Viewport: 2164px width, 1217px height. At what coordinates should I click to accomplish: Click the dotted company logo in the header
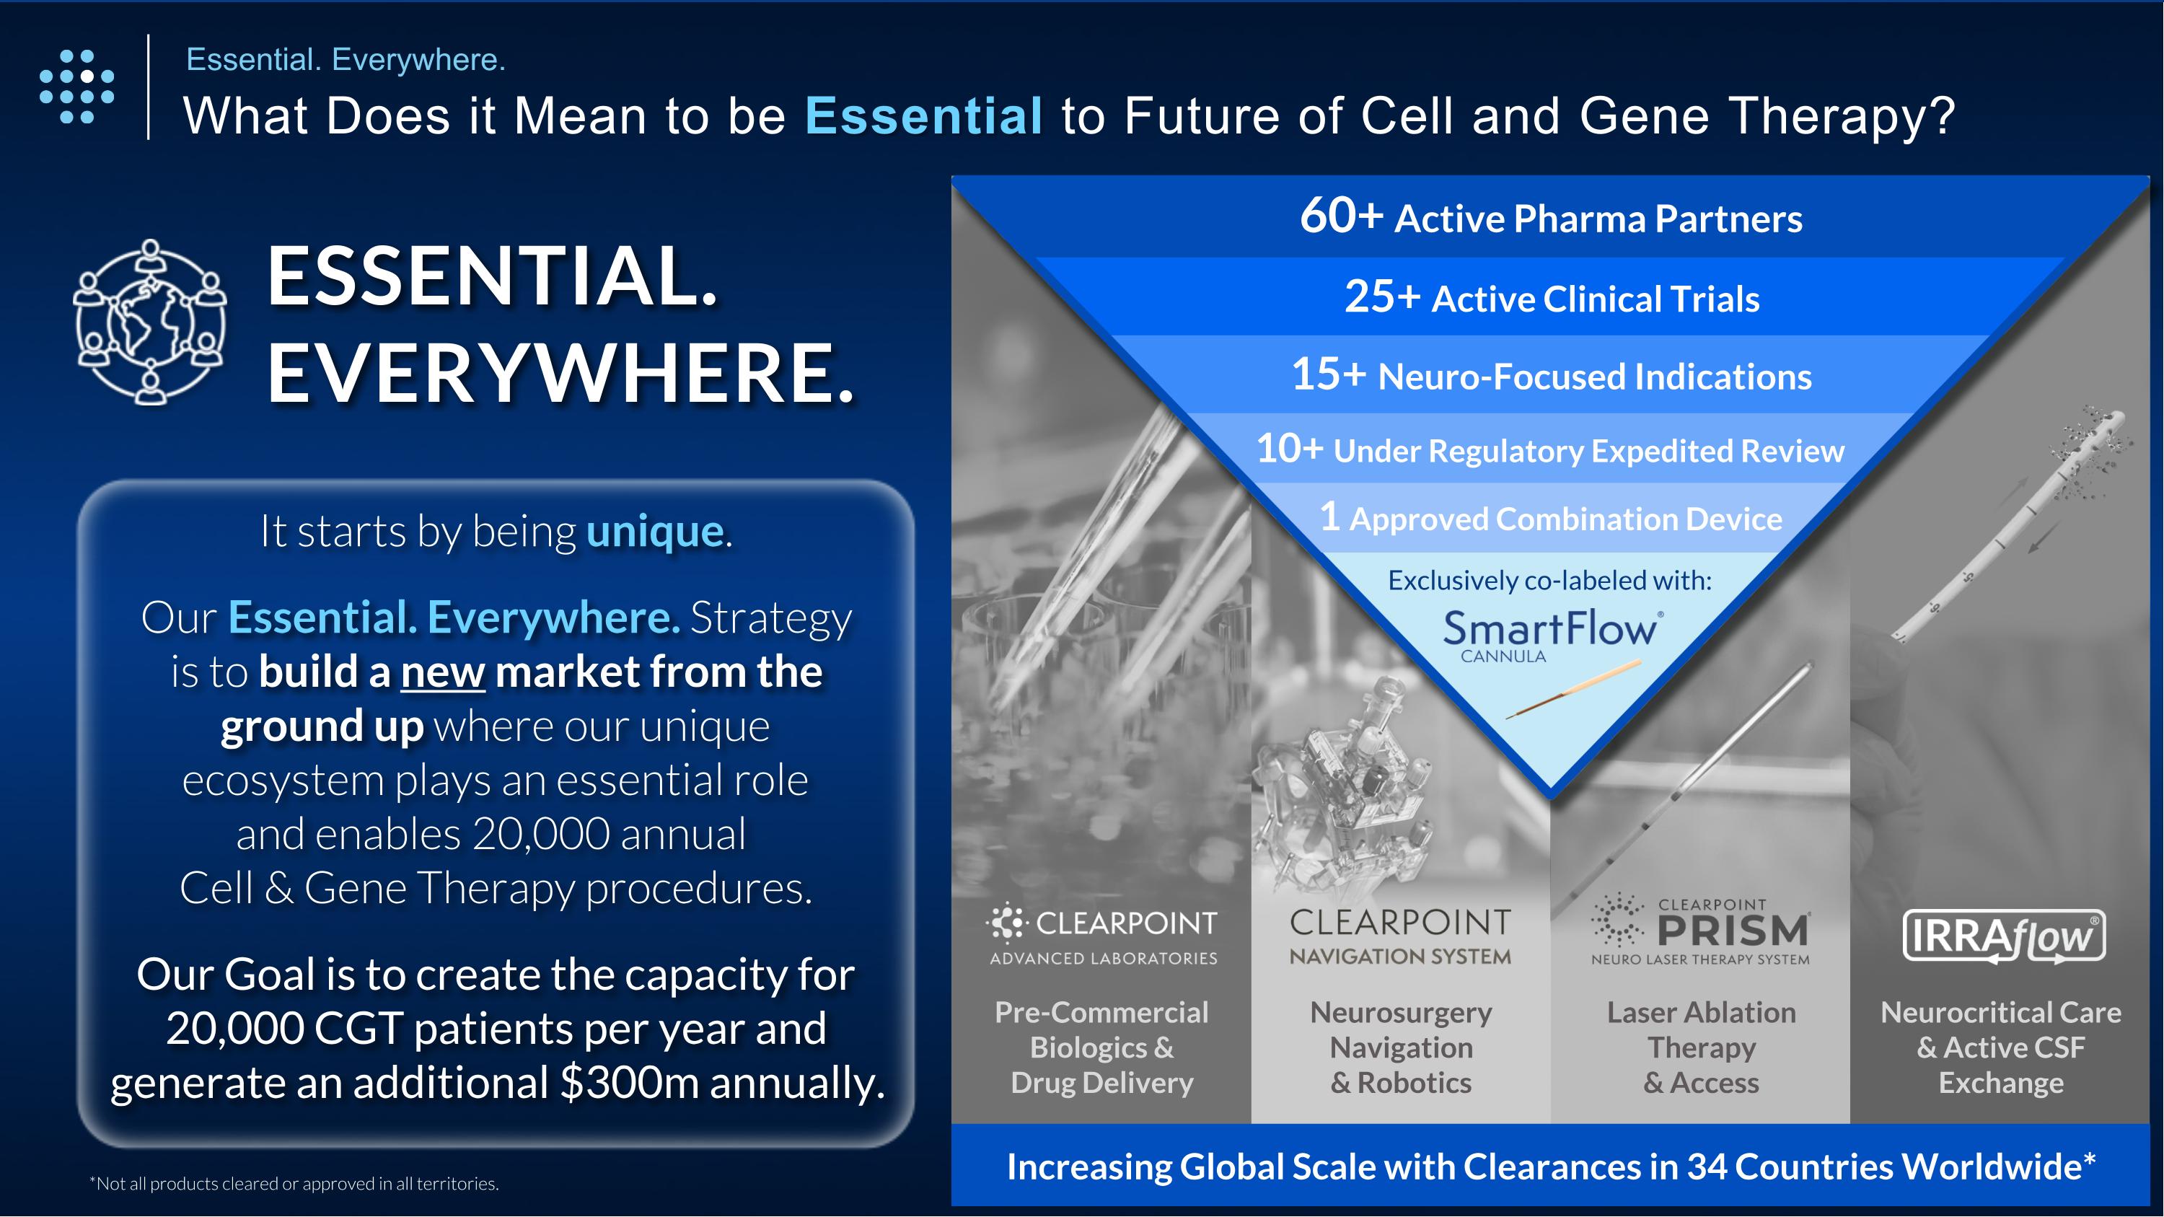pos(76,87)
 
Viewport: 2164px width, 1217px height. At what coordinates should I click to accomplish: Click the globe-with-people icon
pos(150,322)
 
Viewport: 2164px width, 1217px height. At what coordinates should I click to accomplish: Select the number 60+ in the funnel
pos(1341,216)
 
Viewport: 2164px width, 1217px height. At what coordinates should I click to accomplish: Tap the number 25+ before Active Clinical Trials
pos(1382,297)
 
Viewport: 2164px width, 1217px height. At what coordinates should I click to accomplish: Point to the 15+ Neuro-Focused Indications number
pos(1328,374)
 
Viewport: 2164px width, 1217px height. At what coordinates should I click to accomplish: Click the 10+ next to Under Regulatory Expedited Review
pos(1290,449)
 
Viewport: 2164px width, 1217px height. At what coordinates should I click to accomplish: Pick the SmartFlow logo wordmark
pos(1550,628)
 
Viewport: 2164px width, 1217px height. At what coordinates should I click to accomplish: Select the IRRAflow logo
pos(2004,936)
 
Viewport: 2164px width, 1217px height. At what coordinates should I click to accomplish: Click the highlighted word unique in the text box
pos(654,531)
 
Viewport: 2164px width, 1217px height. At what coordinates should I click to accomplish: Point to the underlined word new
pos(443,672)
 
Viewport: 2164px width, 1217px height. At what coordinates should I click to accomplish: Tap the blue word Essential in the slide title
pos(923,115)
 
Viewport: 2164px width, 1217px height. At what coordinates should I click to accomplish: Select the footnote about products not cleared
pos(294,1183)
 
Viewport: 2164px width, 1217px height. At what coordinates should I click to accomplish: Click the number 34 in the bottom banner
pos(1709,1167)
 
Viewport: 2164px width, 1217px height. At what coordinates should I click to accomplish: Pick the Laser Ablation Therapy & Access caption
pos(1701,1047)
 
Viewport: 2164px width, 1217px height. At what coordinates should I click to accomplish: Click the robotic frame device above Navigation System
pos(1348,781)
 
